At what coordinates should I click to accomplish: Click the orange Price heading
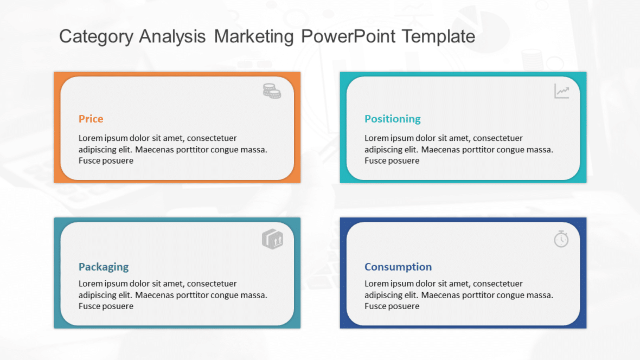pos(91,119)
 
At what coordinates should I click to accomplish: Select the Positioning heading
pos(392,119)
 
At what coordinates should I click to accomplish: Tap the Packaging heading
pos(104,267)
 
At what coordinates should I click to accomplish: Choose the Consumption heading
pos(398,267)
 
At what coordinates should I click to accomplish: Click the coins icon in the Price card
pos(272,91)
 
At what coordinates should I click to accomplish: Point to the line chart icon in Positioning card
pos(561,91)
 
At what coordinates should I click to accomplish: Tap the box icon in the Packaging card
pos(272,239)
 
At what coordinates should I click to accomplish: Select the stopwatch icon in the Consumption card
pos(561,239)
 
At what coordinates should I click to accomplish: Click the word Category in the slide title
pos(96,37)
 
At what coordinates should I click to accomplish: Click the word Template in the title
pos(438,37)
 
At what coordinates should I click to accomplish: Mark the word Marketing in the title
pos(253,37)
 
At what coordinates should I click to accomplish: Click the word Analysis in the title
pos(172,37)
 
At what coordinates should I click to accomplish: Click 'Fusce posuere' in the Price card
pos(106,161)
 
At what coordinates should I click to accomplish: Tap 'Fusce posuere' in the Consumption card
pos(392,306)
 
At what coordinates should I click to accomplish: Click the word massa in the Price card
pos(254,150)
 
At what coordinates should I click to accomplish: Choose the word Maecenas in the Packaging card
pos(153,295)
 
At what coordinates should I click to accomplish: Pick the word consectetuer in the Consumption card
pos(498,284)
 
